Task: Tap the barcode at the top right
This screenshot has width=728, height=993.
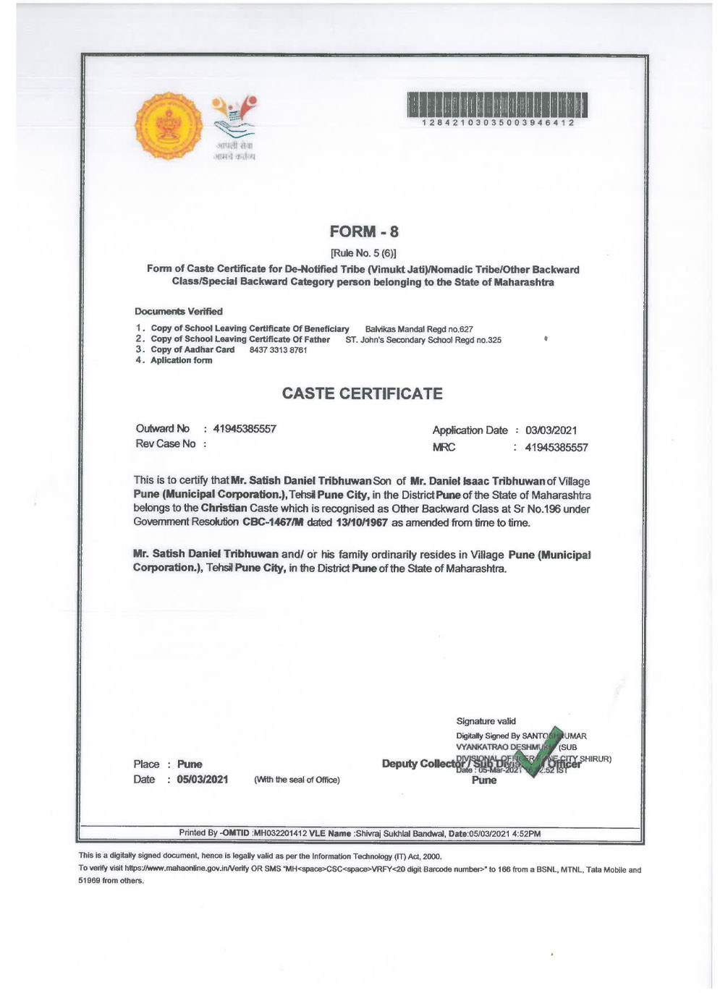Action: (x=497, y=106)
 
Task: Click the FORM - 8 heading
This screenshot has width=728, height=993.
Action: (x=364, y=232)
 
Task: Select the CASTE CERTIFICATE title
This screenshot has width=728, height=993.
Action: (x=362, y=394)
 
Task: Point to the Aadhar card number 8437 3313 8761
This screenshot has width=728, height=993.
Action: (x=278, y=350)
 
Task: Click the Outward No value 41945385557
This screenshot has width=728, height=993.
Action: (x=245, y=429)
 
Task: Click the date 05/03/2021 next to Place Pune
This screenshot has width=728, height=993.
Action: (x=203, y=780)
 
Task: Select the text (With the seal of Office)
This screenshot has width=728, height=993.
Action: (x=297, y=780)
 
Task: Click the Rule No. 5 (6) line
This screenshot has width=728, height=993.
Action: (x=363, y=253)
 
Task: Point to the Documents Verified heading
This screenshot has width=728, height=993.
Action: (x=179, y=312)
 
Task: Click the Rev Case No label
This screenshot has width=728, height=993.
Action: (x=166, y=444)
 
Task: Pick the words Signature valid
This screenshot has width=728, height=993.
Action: (x=486, y=721)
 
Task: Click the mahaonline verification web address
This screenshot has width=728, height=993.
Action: (x=185, y=869)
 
